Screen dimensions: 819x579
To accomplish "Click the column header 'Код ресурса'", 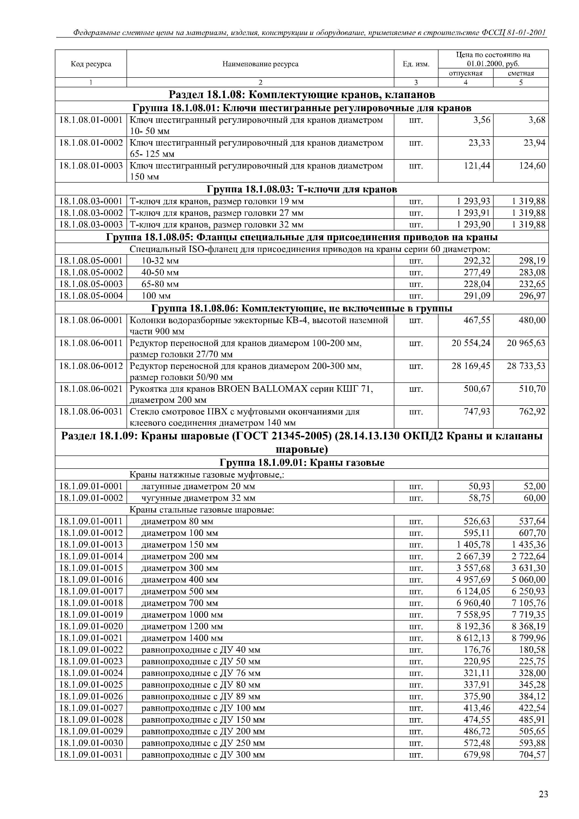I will [x=91, y=64].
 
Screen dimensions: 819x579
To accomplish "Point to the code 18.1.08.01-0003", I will [x=91, y=166].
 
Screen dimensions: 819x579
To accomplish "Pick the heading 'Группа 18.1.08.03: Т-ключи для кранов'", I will [x=302, y=189].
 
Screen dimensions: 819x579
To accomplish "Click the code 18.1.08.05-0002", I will [x=91, y=272].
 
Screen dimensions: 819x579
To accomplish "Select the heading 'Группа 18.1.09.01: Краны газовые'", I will [x=302, y=463].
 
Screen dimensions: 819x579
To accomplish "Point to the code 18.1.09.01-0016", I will [x=91, y=580].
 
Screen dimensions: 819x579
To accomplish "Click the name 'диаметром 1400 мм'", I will [x=182, y=638].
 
